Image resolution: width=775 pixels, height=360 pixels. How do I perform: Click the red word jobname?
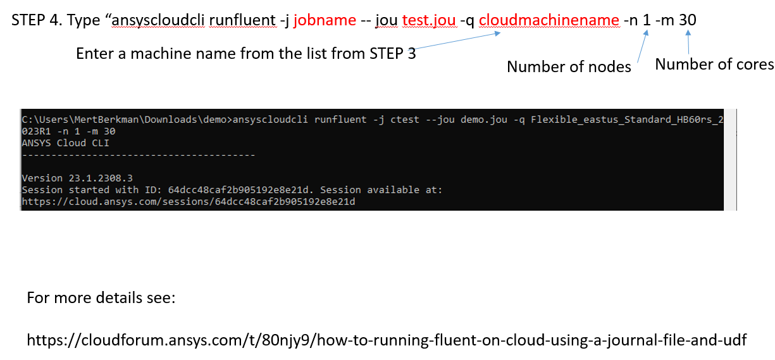pyautogui.click(x=325, y=20)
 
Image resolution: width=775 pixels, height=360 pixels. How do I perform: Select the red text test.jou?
pyautogui.click(x=429, y=20)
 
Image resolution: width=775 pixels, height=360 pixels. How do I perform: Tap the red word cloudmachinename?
pyautogui.click(x=549, y=20)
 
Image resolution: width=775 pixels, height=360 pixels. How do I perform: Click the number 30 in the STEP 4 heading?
pyautogui.click(x=688, y=20)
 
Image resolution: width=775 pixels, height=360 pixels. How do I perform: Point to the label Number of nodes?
pyautogui.click(x=569, y=66)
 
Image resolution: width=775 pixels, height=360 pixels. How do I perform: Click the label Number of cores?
pyautogui.click(x=714, y=65)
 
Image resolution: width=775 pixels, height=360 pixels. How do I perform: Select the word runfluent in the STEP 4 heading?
pyautogui.click(x=242, y=20)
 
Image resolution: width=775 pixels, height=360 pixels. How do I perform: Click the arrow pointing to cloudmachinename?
pyautogui.click(x=456, y=41)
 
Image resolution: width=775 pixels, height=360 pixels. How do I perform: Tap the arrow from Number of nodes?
pyautogui.click(x=643, y=46)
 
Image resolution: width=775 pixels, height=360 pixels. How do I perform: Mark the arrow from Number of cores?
pyautogui.click(x=688, y=42)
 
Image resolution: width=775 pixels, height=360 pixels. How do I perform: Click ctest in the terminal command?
pyautogui.click(x=405, y=120)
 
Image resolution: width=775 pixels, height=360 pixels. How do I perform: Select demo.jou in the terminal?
pyautogui.click(x=484, y=120)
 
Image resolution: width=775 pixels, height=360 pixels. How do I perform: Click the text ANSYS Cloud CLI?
pyautogui.click(x=65, y=143)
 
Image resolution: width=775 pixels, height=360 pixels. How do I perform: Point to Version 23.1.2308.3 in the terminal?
pyautogui.click(x=77, y=178)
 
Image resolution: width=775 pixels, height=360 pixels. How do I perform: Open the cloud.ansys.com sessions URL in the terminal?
pyautogui.click(x=189, y=202)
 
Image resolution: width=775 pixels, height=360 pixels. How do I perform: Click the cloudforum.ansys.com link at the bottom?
pyautogui.click(x=387, y=340)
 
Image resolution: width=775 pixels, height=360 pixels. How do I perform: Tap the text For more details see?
pyautogui.click(x=101, y=298)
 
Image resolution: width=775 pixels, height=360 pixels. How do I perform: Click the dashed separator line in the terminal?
pyautogui.click(x=139, y=156)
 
